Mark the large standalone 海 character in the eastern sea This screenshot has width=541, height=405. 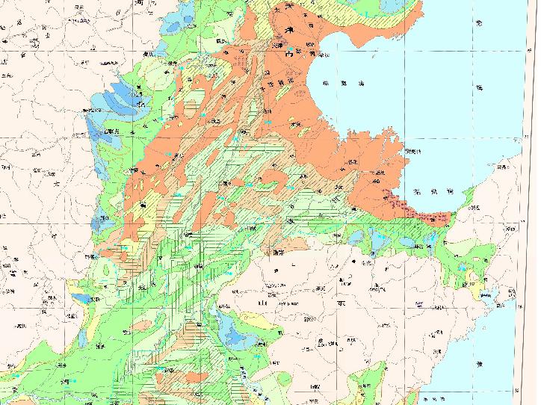pos(478,86)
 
